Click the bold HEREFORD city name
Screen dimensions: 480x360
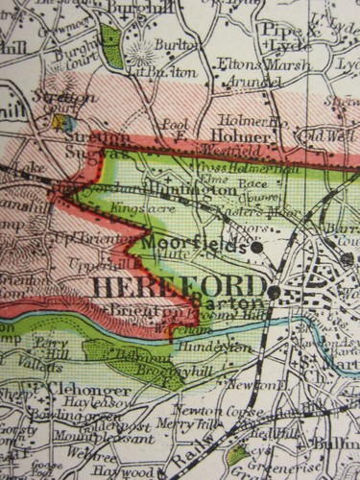[179, 286]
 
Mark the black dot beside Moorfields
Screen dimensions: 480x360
[258, 247]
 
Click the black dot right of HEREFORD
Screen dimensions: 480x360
[274, 290]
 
